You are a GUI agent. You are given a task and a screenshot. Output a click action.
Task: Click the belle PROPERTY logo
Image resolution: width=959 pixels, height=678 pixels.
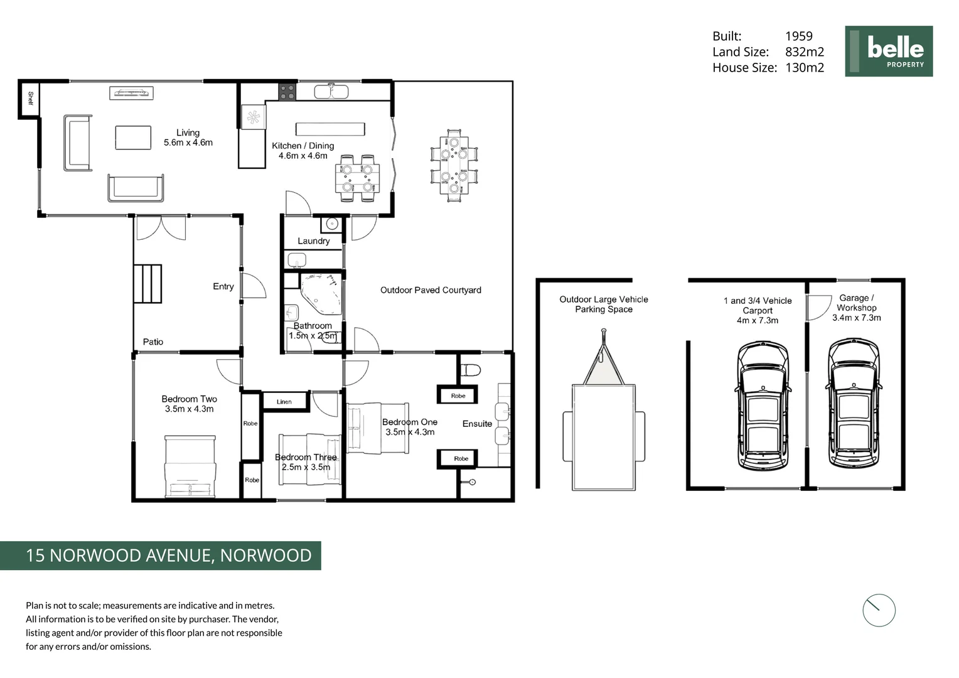click(888, 51)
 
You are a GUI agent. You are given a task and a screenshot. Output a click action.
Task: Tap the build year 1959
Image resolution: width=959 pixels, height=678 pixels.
click(798, 36)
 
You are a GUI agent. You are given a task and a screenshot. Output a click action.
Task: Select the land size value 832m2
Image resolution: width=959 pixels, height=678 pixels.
click(804, 52)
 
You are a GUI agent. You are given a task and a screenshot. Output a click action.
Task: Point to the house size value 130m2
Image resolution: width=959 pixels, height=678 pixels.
click(804, 68)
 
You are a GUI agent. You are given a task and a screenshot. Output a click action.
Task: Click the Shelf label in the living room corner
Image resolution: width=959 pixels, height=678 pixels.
click(29, 99)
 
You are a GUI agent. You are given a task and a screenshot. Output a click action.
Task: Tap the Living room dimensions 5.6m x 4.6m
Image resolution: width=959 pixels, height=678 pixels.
click(188, 143)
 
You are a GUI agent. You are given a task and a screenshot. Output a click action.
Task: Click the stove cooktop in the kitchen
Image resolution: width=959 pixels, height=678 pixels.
click(287, 92)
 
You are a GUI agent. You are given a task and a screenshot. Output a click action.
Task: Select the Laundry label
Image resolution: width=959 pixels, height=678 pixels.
click(313, 241)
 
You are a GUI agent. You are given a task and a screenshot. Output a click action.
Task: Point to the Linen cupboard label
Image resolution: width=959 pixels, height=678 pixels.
click(284, 402)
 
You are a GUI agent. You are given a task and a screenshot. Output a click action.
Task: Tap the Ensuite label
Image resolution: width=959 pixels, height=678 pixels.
click(477, 424)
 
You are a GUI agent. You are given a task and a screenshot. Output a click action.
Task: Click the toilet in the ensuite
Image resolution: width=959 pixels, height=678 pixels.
click(469, 370)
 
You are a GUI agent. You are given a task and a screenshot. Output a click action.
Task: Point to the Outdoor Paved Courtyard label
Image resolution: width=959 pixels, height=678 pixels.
click(431, 290)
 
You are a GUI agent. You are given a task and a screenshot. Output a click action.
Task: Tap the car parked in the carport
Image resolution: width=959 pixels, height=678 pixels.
click(762, 405)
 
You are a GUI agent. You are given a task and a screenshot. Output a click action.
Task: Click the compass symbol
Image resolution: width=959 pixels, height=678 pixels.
click(878, 610)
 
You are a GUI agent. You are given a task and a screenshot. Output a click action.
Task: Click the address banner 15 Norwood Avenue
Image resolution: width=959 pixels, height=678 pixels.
click(161, 556)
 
